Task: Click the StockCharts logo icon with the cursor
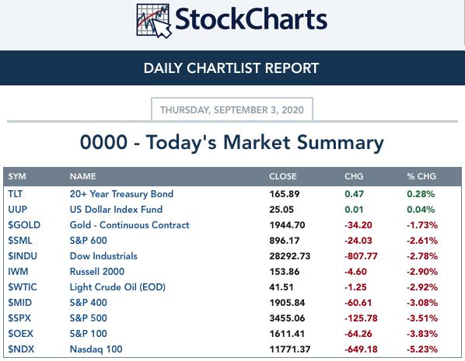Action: [x=154, y=21]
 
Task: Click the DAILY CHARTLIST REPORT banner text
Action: [x=231, y=68]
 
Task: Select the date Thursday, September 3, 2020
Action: [x=232, y=110]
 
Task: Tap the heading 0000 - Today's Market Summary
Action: [x=232, y=142]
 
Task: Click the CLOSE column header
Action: [x=282, y=176]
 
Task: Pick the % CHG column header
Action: [x=421, y=176]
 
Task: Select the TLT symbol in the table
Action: [x=15, y=193]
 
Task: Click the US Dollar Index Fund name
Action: [x=116, y=210]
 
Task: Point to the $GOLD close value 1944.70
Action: [x=287, y=225]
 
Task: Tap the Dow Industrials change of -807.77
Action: [x=361, y=256]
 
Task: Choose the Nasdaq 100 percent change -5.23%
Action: [x=422, y=349]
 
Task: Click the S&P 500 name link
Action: [x=89, y=318]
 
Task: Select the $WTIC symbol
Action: [x=23, y=287]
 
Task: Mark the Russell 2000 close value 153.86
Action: [x=285, y=272]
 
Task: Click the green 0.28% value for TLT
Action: [x=421, y=194]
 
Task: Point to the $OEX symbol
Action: [x=20, y=334]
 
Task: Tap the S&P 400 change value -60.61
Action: [x=358, y=303]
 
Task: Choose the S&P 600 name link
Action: [x=89, y=241]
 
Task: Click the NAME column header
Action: [x=82, y=176]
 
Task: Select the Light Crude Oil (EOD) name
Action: [x=117, y=287]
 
